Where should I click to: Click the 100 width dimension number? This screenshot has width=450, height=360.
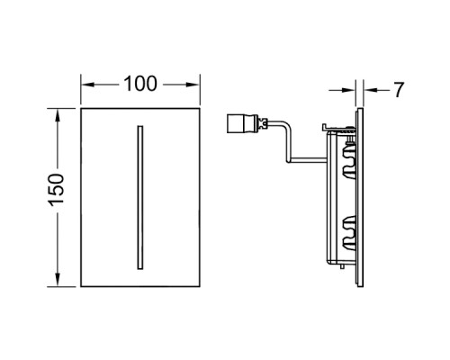click(x=140, y=84)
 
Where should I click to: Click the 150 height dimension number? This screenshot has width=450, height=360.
click(x=57, y=190)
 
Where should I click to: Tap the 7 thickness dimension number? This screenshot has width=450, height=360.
click(x=399, y=90)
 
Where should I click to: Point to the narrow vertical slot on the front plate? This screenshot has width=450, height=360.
click(x=140, y=197)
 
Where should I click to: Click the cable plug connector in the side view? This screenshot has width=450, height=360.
click(x=243, y=122)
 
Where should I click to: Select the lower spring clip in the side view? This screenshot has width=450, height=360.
click(x=349, y=233)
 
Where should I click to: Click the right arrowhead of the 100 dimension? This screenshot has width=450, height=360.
click(x=193, y=85)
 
